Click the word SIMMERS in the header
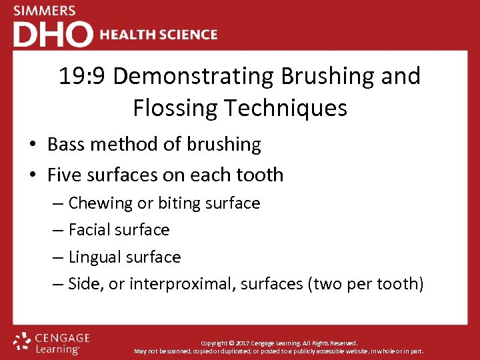tap(45, 11)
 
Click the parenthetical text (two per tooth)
tap(365, 284)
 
